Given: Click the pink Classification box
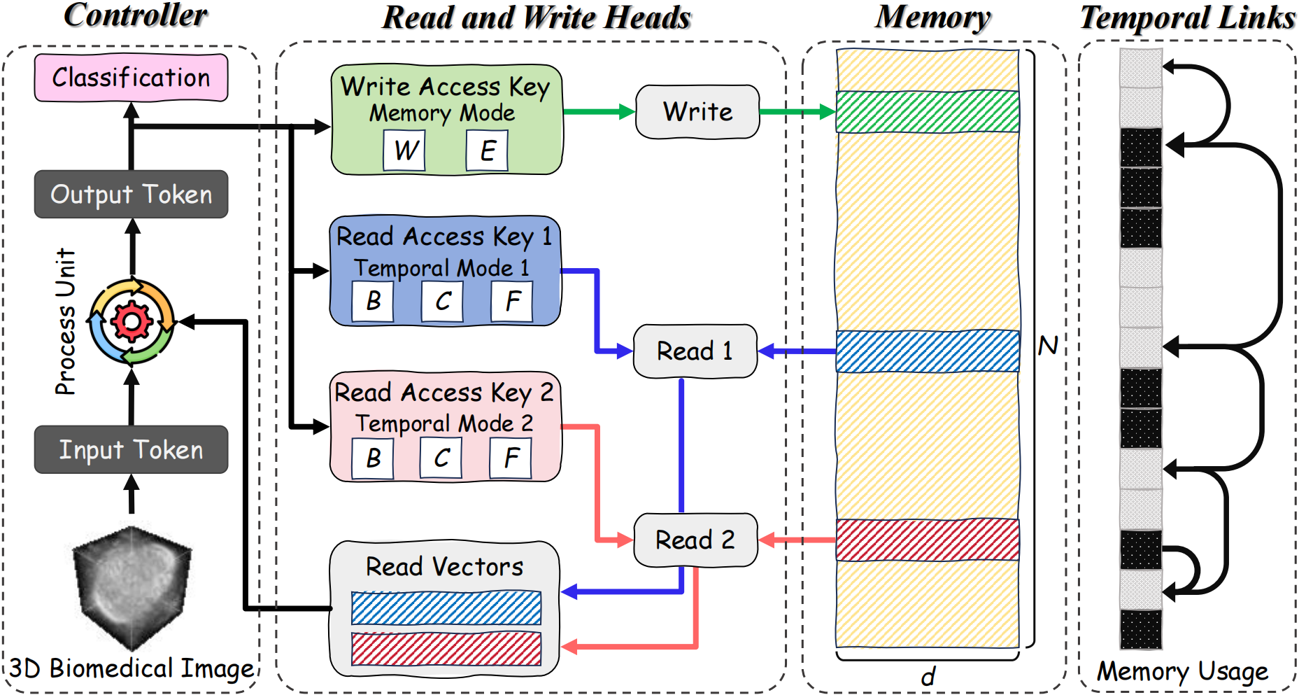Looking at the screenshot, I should tap(131, 77).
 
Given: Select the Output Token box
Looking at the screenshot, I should tap(131, 194).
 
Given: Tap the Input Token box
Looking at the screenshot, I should tap(131, 449).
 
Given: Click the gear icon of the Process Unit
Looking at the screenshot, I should tap(131, 321).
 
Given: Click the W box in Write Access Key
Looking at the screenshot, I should tap(404, 150).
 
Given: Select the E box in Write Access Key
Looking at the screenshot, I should tap(487, 150).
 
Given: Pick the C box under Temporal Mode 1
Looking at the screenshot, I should tap(442, 301).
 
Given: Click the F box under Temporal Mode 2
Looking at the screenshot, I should tap(511, 458).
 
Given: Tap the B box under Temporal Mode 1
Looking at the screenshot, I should tap(373, 301).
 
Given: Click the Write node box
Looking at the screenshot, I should tap(697, 111).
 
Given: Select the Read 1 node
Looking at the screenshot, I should tap(695, 351).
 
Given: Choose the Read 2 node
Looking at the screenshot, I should tap(695, 540).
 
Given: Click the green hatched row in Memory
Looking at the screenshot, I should tap(928, 111).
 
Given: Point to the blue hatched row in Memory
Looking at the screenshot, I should tap(928, 351).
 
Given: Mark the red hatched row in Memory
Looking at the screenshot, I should tap(928, 540).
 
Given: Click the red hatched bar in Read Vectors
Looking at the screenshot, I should tap(446, 649).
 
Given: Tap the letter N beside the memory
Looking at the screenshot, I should tap(1048, 346).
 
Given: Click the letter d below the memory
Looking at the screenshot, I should tap(928, 677).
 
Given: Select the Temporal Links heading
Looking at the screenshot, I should tap(1187, 17).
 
